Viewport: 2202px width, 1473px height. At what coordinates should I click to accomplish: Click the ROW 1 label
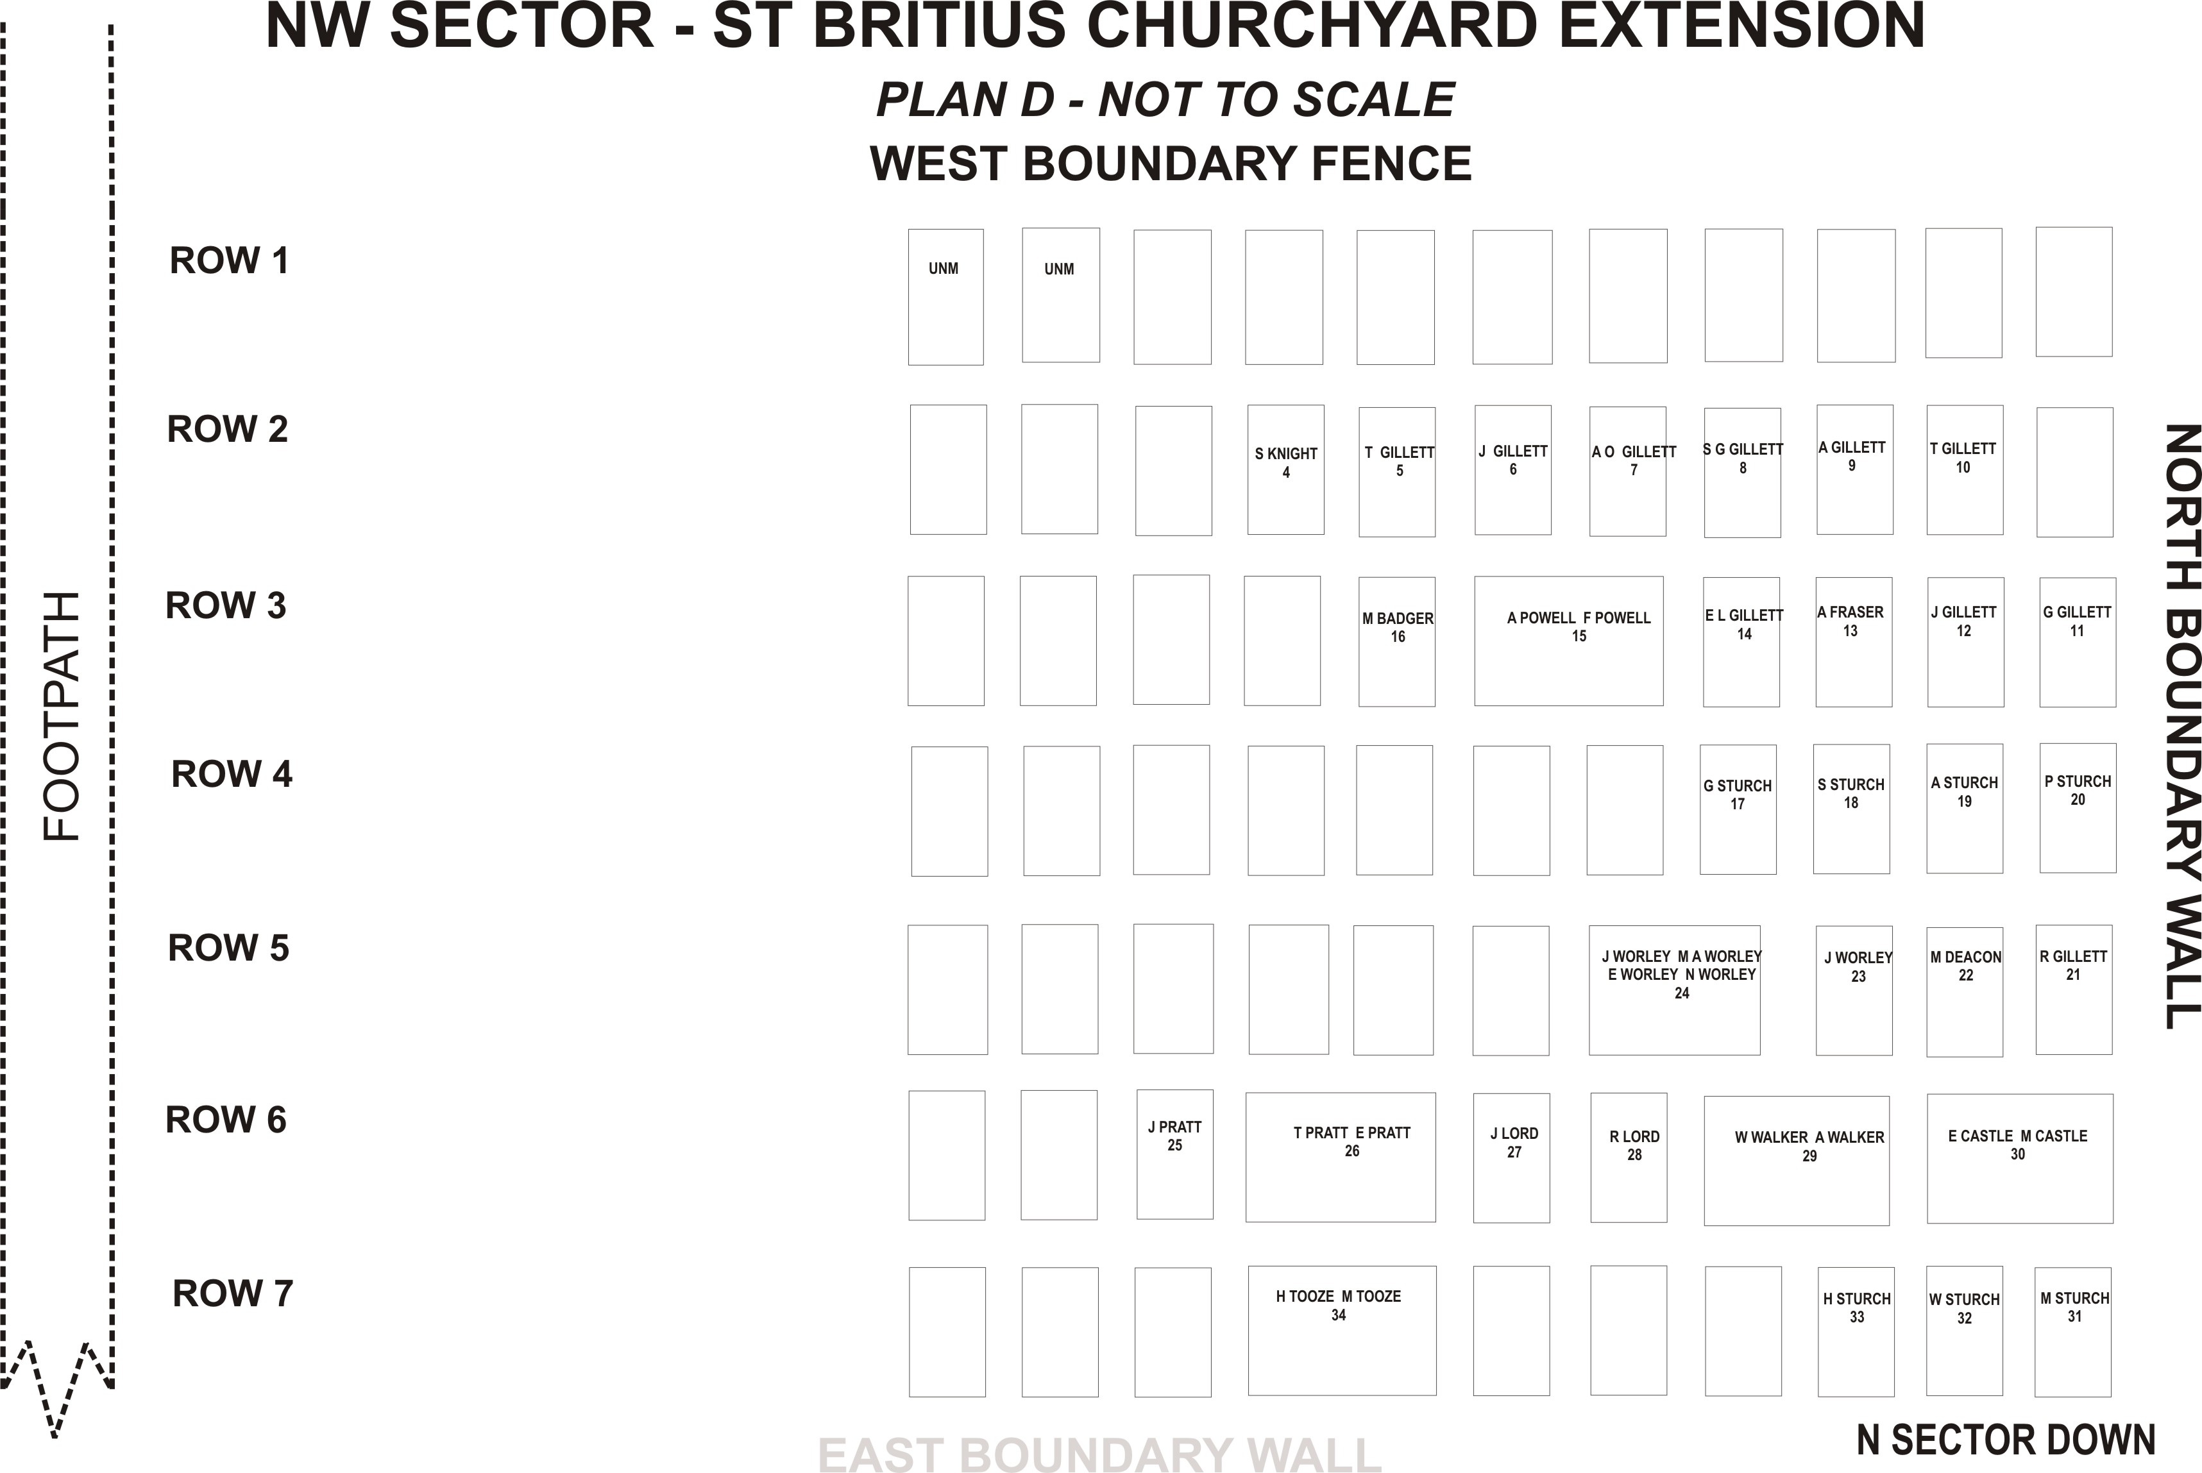click(x=228, y=260)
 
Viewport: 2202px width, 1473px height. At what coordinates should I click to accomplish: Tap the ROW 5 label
click(x=228, y=948)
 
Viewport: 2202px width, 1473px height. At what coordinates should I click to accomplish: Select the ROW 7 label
click(x=232, y=1293)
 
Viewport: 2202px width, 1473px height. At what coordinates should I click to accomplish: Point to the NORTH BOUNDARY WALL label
click(x=2182, y=726)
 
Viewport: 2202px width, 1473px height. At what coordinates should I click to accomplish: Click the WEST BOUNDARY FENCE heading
click(x=1171, y=164)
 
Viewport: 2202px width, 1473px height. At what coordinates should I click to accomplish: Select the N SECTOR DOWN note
click(x=2006, y=1439)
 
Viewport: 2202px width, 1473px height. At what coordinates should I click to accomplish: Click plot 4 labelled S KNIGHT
click(x=1285, y=469)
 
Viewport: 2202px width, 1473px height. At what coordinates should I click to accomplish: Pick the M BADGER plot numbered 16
click(x=1397, y=642)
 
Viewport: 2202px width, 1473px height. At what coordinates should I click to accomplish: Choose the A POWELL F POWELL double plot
click(x=1569, y=641)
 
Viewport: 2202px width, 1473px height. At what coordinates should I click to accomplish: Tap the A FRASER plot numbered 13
click(x=1854, y=642)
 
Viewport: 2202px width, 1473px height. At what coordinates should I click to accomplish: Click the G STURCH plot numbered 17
click(x=1738, y=810)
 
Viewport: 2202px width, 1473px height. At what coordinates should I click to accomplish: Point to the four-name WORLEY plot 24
click(x=1674, y=990)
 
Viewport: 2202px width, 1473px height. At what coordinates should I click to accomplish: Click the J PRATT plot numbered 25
click(x=1174, y=1154)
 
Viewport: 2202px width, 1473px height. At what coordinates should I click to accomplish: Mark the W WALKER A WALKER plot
click(x=1796, y=1161)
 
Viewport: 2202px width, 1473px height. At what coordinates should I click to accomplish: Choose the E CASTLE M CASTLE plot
click(x=2020, y=1158)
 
